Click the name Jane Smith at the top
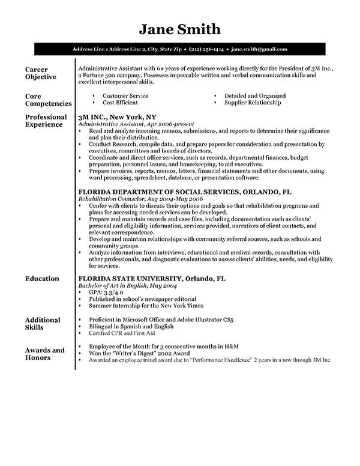click(180, 29)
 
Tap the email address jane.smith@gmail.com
click(259, 49)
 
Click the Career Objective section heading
click(41, 73)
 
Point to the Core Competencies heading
click(48, 99)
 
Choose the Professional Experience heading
click(46, 121)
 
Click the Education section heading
click(42, 279)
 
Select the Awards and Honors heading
click(44, 354)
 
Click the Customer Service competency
click(125, 95)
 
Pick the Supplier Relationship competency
click(252, 103)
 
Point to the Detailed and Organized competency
click(255, 95)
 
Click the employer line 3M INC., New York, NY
click(118, 117)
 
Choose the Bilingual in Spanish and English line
click(131, 327)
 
